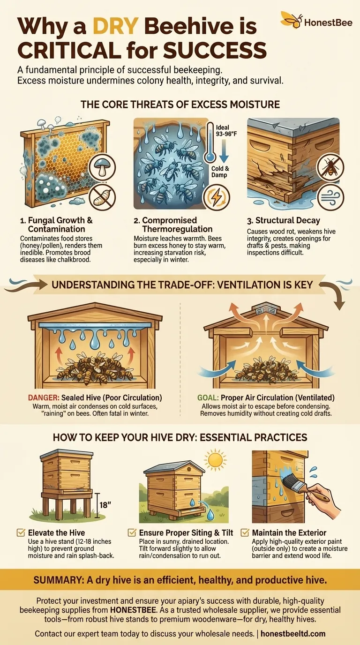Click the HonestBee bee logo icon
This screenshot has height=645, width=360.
[291, 20]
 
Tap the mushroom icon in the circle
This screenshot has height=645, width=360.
[102, 166]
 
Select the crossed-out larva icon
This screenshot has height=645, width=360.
[102, 195]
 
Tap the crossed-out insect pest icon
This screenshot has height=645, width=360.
[331, 166]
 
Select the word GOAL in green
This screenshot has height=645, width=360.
[207, 398]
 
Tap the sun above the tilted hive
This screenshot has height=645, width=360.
[216, 460]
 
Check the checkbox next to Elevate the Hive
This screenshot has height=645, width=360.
[21, 532]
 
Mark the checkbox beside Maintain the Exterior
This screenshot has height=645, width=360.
[244, 532]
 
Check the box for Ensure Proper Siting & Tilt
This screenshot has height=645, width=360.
[132, 532]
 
